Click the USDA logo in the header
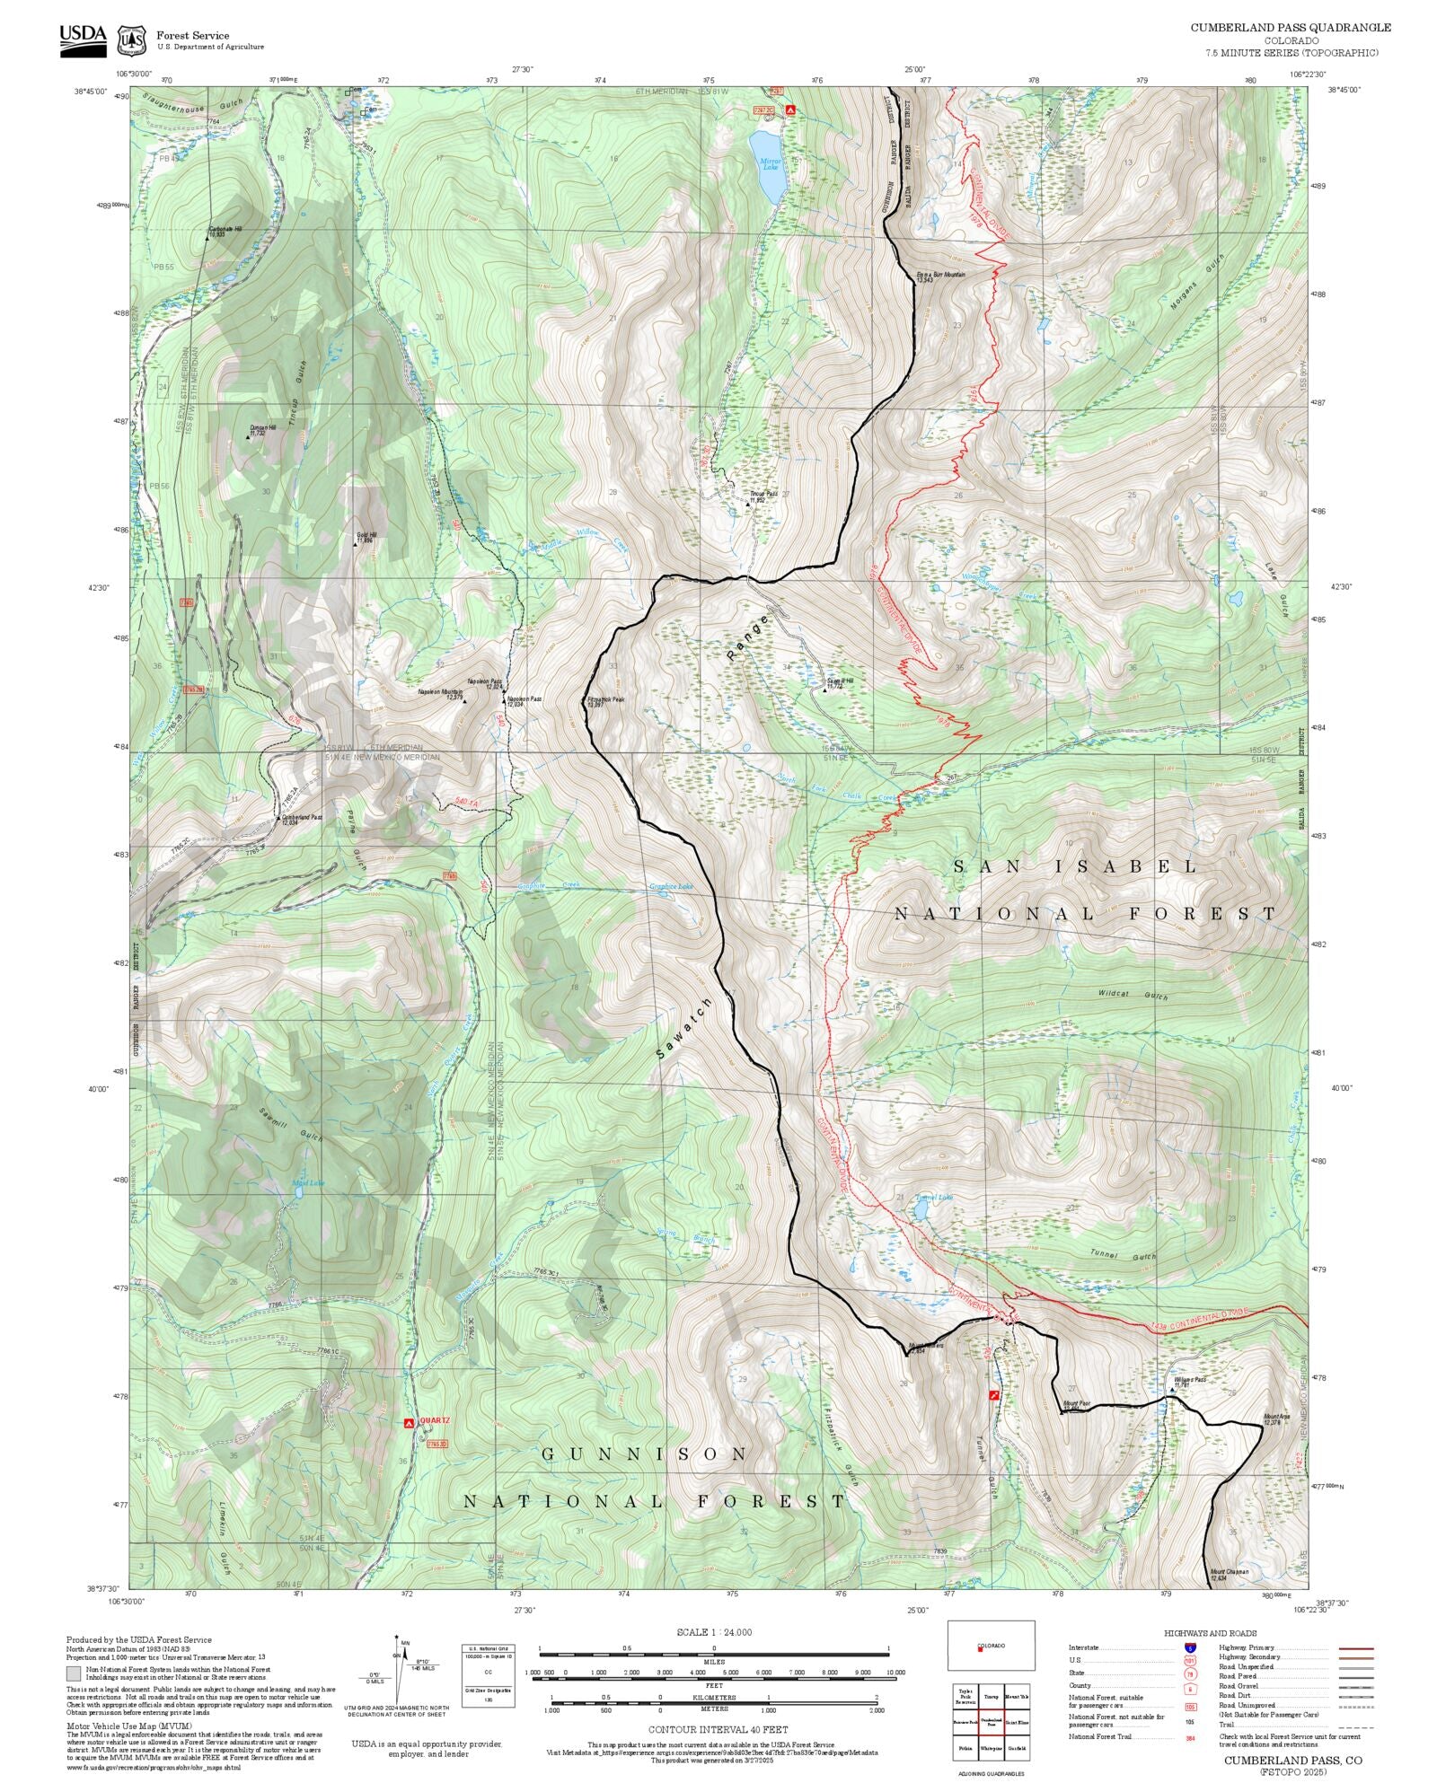83,40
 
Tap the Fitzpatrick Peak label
604,701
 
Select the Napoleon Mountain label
440,693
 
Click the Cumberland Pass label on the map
302,819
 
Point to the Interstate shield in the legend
1190,1648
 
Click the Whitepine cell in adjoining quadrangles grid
991,1749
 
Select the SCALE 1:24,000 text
714,1632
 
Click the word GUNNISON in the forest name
644,1454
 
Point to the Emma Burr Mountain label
940,276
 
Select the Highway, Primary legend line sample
1355,1648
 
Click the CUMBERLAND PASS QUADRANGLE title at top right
1291,28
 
